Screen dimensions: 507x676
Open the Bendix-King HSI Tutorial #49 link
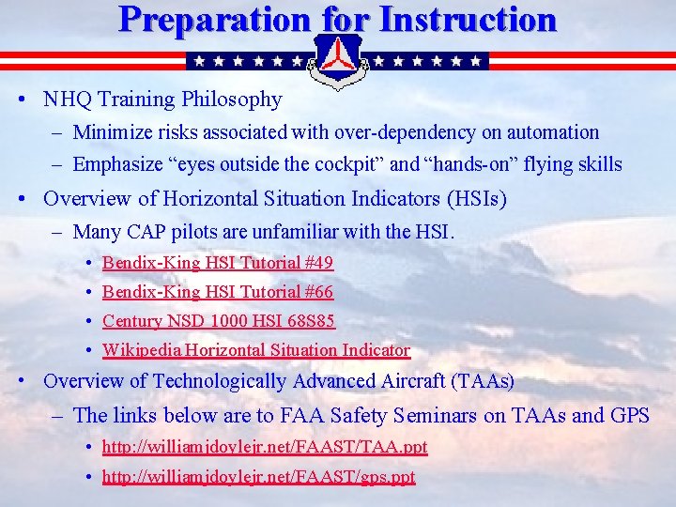(x=217, y=263)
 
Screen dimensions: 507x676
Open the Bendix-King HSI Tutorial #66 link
(x=217, y=292)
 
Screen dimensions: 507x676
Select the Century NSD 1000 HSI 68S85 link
(x=218, y=321)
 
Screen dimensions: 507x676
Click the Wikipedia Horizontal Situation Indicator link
(x=255, y=350)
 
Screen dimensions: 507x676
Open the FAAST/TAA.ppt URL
(x=265, y=447)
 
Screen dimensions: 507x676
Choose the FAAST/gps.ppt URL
(x=258, y=477)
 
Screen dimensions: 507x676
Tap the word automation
(x=549, y=133)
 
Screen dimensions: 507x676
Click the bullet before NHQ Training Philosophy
(x=31, y=100)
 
